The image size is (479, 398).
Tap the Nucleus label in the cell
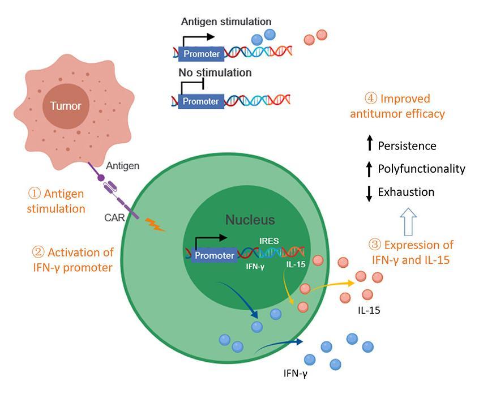(250, 220)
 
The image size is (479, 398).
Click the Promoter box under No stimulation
(201, 101)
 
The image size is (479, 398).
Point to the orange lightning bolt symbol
(156, 225)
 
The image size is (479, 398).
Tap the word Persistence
(407, 146)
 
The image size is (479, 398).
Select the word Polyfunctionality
(421, 169)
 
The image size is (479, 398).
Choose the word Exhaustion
(406, 192)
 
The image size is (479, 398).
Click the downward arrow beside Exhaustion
(369, 192)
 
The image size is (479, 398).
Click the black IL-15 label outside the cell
(369, 311)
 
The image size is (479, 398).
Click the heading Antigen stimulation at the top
(226, 22)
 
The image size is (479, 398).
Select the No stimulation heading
(215, 73)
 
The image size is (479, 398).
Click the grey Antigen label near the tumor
(123, 165)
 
